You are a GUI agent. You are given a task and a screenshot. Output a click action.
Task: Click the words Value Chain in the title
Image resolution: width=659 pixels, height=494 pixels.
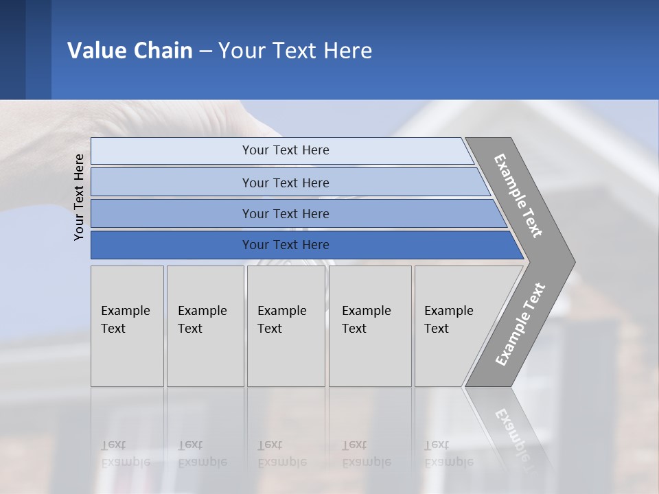coord(130,51)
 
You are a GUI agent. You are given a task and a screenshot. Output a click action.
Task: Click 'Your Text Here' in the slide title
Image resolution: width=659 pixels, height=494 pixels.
coord(295,51)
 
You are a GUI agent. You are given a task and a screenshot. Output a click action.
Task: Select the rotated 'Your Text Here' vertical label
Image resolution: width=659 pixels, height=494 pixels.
coord(79,197)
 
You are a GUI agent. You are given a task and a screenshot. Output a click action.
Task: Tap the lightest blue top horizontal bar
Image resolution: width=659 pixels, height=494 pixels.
coord(286,150)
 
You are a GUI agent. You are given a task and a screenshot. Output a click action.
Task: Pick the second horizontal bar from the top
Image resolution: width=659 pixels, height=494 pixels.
coord(286,183)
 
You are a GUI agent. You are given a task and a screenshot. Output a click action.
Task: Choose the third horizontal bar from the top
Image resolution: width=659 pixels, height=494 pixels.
coord(286,213)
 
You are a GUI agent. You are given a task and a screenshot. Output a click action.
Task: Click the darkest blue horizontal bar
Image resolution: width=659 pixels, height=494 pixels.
coord(286,245)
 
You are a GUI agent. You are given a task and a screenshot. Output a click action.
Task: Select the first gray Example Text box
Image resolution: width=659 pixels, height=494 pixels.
coord(127,326)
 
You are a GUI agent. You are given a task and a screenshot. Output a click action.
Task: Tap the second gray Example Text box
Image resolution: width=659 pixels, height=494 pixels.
coord(205,326)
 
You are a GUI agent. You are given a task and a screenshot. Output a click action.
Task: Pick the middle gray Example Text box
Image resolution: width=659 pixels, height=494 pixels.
coord(286,326)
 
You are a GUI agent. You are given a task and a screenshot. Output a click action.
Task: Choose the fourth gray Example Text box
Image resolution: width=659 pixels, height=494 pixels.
coord(370,326)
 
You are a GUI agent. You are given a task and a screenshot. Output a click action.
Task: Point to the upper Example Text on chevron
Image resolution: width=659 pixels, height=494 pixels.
coord(518,196)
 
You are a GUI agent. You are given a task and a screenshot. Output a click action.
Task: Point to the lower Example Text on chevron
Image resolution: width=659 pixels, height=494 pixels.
coord(520,325)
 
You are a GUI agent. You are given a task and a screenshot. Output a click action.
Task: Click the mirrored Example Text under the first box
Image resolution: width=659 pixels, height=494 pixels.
coord(125,454)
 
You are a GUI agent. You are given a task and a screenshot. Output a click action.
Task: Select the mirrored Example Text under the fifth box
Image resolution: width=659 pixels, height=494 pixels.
coord(448,454)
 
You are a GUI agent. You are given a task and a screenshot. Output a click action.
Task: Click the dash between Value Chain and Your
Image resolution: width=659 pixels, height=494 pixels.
coord(205,51)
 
